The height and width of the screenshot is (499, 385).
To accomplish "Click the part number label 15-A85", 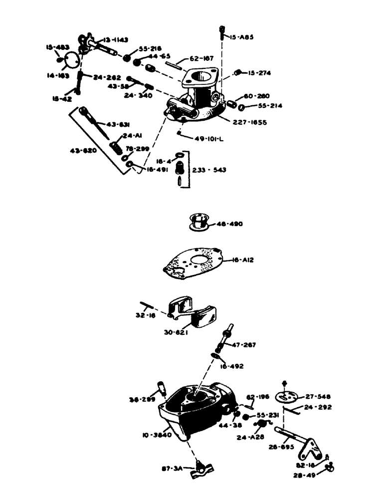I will tap(242, 37).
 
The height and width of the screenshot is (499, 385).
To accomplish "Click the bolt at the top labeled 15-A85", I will tap(221, 33).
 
